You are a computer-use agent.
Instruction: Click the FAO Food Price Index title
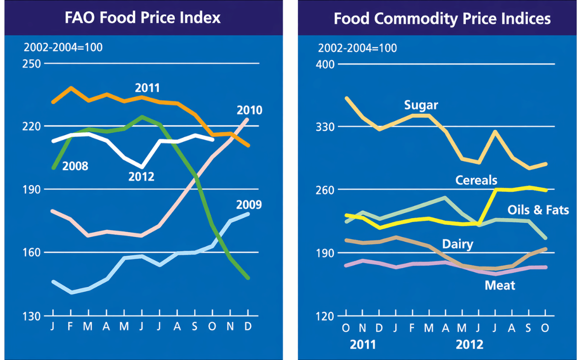pos(143,18)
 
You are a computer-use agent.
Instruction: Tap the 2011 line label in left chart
pos(147,88)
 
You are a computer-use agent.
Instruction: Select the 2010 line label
pos(249,110)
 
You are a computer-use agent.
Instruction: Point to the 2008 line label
pos(76,166)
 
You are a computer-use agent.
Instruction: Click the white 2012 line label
pos(141,176)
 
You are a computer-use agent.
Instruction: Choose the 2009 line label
pos(249,204)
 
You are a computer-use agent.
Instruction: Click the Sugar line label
pos(421,105)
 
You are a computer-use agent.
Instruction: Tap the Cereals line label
pos(476,180)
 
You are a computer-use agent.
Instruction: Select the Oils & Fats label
pos(538,210)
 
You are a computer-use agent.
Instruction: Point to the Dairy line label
pos(458,244)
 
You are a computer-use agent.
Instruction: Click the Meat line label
pos(500,285)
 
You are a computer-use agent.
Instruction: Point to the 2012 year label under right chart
pos(469,345)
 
